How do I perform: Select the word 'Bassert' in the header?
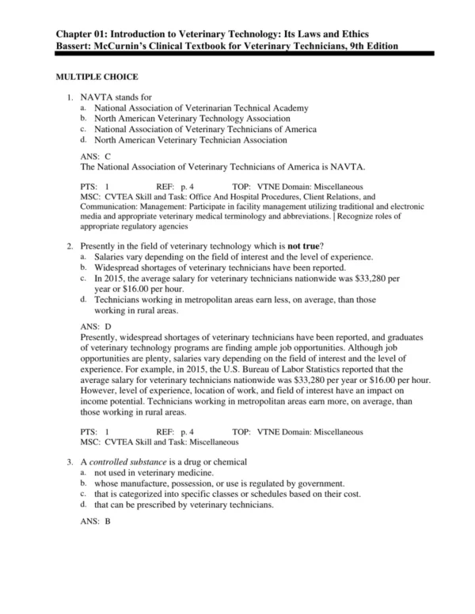[x=77, y=46]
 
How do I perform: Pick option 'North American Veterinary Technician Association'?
[x=190, y=140]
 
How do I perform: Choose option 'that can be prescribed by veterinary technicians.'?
[x=184, y=505]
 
